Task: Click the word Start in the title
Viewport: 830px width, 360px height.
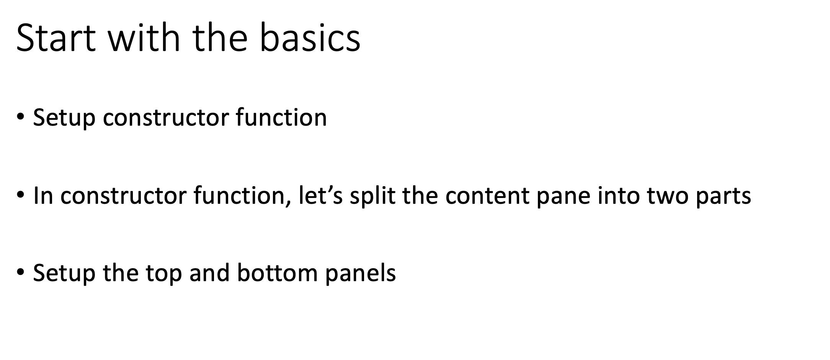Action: tap(56, 37)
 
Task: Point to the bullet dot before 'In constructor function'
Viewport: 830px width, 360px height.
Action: tap(20, 195)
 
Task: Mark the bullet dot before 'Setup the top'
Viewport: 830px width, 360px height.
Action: tap(20, 272)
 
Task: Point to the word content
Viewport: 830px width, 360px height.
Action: tap(487, 195)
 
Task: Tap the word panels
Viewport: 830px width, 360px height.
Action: tap(360, 273)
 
